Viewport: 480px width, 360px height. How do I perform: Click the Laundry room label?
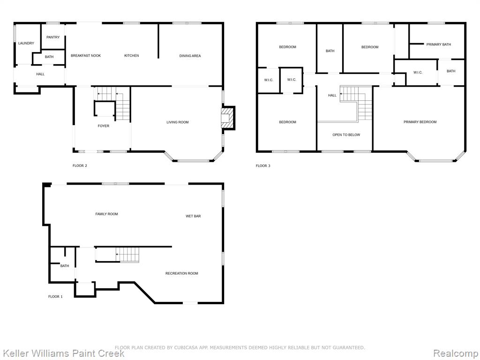point(26,43)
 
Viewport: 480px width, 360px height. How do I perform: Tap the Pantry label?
point(53,37)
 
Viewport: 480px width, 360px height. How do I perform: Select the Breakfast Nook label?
point(86,55)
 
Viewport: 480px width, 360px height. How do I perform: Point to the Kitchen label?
point(132,55)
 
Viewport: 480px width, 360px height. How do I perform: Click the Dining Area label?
point(190,56)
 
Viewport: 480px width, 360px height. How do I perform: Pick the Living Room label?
point(178,122)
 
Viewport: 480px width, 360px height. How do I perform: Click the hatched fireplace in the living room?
point(228,118)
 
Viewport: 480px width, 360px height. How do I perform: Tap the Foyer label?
point(104,126)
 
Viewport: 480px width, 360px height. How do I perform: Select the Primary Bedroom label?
point(420,122)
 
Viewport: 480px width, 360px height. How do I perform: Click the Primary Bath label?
point(439,45)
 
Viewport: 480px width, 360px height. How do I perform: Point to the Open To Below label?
point(346,135)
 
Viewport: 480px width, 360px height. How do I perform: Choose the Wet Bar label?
point(193,216)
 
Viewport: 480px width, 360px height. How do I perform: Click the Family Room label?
point(106,214)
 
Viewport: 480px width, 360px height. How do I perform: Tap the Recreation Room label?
point(182,273)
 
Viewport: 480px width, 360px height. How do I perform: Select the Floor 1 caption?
point(55,296)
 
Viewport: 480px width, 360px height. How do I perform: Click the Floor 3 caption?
point(263,165)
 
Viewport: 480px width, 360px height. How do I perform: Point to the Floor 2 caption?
point(80,165)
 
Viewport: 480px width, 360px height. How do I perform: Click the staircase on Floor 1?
point(127,255)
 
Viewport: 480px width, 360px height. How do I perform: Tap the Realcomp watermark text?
point(456,353)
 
